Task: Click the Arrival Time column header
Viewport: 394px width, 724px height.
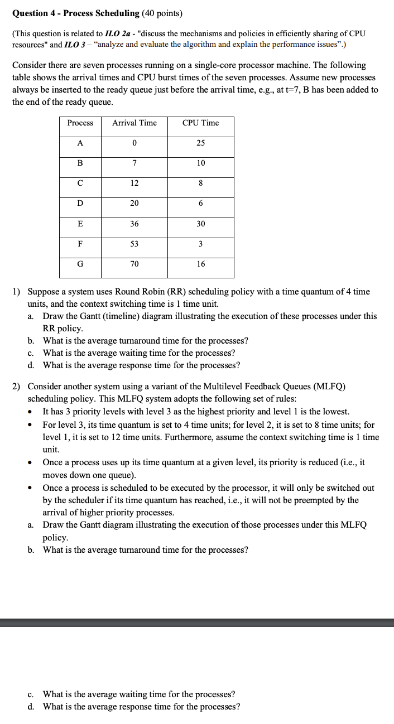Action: [x=134, y=123]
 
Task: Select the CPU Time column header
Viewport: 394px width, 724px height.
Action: [x=200, y=123]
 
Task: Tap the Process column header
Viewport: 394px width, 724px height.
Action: [x=80, y=123]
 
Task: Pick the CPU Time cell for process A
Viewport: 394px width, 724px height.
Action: [x=200, y=143]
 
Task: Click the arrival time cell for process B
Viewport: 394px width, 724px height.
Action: [x=134, y=163]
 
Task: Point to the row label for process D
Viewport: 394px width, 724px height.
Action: [x=80, y=203]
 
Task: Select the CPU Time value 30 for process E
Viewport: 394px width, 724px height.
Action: [x=200, y=224]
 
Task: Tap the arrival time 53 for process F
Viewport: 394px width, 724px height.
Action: [x=134, y=244]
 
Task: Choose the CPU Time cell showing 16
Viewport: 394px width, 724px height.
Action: [x=200, y=264]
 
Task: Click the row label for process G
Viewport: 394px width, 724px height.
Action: [x=80, y=264]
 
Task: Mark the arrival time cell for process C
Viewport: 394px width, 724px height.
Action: [x=134, y=183]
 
